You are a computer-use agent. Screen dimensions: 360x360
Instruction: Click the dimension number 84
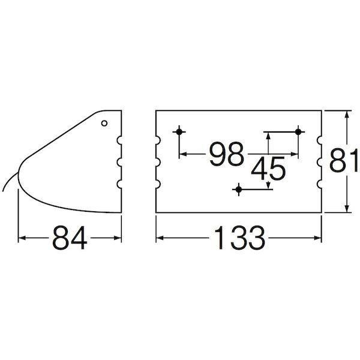(70, 238)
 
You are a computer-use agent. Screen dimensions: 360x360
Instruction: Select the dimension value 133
(239, 238)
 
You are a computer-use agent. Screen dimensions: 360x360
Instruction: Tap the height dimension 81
(343, 160)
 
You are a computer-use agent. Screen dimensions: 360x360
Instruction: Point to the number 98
(226, 154)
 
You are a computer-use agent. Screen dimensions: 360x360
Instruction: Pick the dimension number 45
(268, 169)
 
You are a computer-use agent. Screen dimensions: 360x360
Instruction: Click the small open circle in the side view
(104, 123)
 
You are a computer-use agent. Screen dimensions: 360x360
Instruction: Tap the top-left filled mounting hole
(179, 132)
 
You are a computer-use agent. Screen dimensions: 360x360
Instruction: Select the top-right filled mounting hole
(298, 132)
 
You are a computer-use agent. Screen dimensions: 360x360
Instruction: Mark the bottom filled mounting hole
(239, 190)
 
